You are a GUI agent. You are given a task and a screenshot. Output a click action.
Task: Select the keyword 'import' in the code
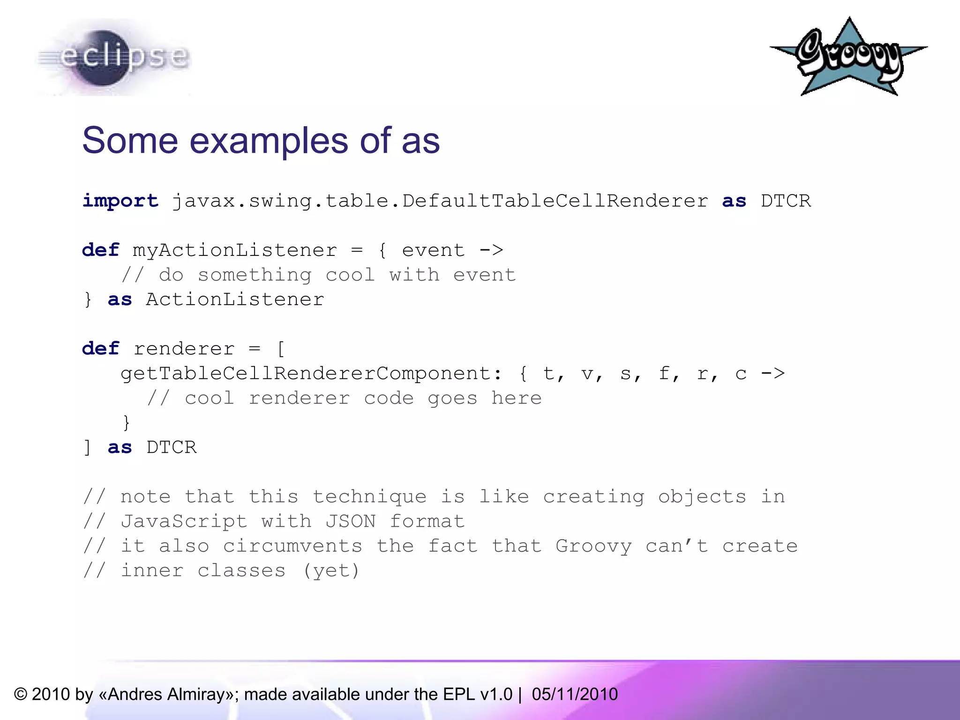click(120, 201)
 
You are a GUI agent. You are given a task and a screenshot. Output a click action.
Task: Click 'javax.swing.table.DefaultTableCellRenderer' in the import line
click(440, 201)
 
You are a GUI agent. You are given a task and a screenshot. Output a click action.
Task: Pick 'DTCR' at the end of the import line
click(785, 201)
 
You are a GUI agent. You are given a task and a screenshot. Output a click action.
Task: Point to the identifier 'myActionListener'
click(235, 250)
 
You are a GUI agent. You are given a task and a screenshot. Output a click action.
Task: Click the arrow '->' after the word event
click(491, 250)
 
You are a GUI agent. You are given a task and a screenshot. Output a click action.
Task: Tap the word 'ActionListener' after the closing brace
click(235, 300)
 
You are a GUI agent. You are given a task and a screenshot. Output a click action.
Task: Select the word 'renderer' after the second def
click(184, 349)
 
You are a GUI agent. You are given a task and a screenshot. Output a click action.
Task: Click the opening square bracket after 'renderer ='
click(281, 349)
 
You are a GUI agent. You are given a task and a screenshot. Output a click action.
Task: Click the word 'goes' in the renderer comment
click(452, 398)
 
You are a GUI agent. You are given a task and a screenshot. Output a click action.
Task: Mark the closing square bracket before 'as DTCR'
click(87, 448)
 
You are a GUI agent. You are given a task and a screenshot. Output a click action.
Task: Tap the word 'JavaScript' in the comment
click(184, 522)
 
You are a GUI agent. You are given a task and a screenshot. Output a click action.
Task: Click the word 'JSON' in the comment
click(351, 522)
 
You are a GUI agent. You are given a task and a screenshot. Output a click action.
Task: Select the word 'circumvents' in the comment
click(292, 547)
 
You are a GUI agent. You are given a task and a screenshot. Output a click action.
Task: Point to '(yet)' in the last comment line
click(331, 571)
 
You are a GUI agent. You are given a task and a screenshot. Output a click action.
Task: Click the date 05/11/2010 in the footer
click(575, 694)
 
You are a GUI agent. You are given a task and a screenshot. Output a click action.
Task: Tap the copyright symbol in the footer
click(21, 694)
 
